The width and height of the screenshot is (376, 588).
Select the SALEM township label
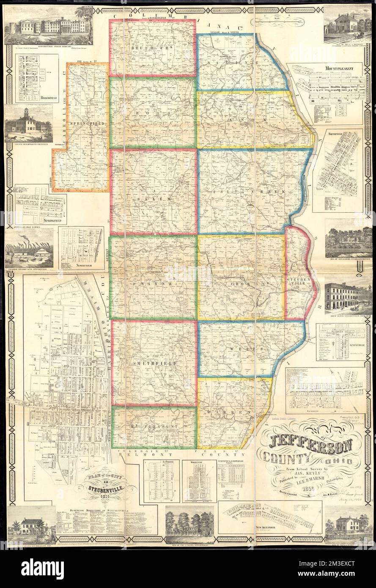[153, 198]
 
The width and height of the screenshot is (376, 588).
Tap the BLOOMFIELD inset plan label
[38, 97]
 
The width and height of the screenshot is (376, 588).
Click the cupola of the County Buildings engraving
[26, 112]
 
